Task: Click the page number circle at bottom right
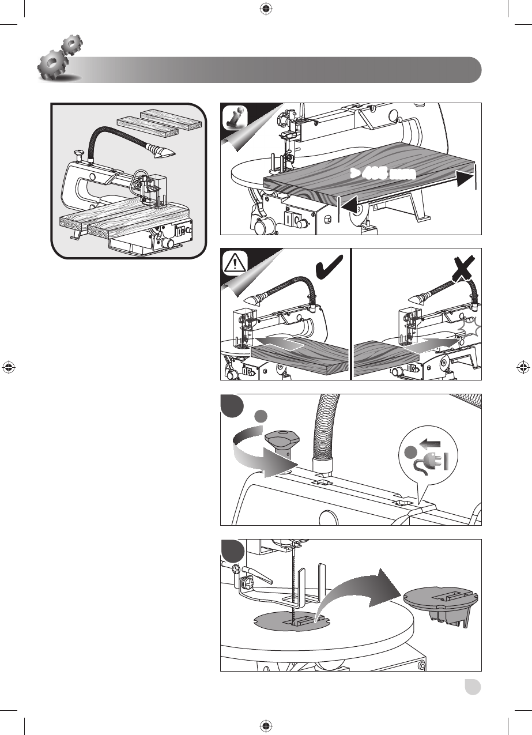point(473,688)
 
